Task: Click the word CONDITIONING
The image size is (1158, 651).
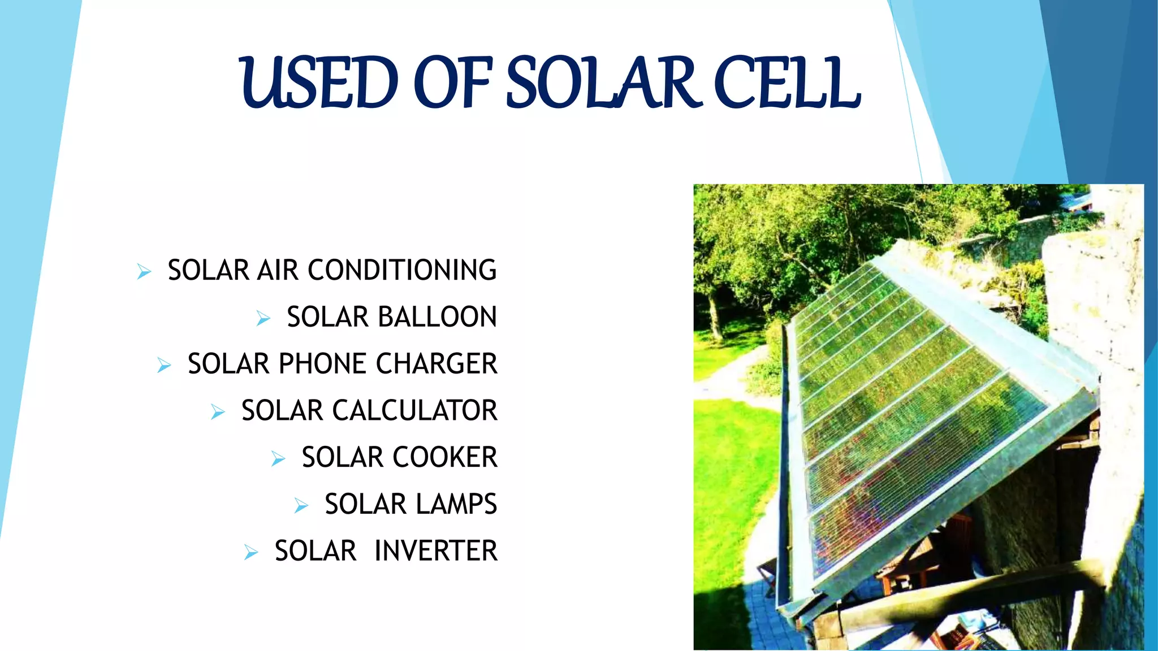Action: point(402,270)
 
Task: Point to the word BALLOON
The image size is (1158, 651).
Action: point(437,317)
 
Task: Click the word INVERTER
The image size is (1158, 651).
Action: point(436,551)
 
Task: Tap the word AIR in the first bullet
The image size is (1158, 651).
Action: point(278,270)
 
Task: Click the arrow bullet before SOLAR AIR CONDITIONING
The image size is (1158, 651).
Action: point(144,272)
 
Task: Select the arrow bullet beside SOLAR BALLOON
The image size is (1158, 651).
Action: point(263,319)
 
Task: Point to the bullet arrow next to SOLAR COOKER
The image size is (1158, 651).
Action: point(278,459)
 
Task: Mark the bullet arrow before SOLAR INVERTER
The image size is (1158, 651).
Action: point(251,552)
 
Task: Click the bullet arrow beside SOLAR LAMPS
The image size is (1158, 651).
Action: point(301,506)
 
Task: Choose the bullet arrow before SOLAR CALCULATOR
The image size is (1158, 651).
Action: point(218,412)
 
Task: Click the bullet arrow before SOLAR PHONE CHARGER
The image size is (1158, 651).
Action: point(164,366)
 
